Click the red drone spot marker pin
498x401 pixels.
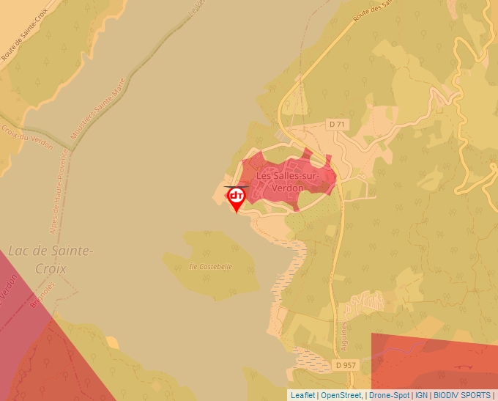236,197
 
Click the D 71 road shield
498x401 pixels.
337,125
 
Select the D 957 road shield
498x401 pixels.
346,364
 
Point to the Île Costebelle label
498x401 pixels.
210,267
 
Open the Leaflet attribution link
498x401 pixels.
302,395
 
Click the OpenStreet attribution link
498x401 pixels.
341,395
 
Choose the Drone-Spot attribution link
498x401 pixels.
389,395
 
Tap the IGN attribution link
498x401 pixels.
421,395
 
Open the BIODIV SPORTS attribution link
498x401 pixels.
461,395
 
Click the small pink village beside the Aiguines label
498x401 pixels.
365,301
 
